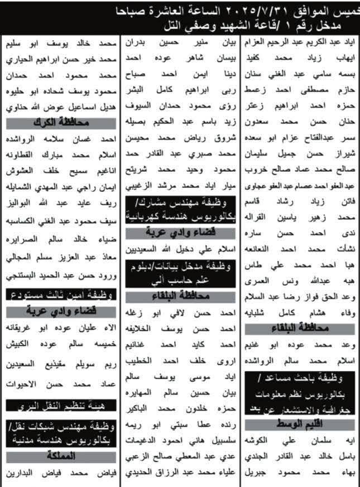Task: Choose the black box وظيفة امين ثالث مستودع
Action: pyautogui.click(x=61, y=294)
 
